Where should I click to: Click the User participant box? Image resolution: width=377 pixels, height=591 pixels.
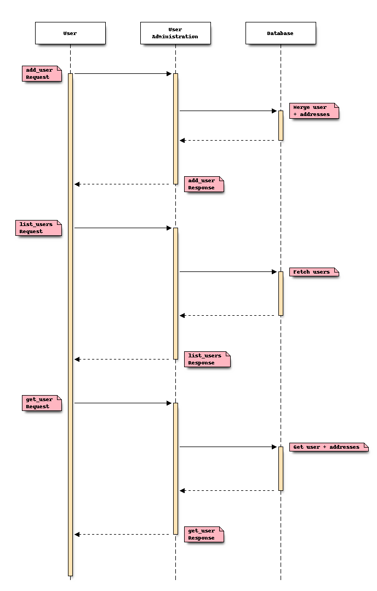tap(70, 33)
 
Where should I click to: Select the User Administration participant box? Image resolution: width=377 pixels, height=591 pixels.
tap(175, 33)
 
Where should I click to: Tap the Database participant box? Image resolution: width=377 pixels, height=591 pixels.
tap(281, 33)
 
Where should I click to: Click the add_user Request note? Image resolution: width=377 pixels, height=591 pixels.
tap(41, 73)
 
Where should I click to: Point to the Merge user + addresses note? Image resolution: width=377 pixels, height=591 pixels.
tap(314, 111)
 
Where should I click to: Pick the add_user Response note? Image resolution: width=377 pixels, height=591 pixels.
tap(204, 184)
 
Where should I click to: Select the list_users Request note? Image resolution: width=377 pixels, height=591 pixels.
tap(38, 228)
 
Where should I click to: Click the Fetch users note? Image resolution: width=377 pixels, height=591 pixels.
tap(314, 271)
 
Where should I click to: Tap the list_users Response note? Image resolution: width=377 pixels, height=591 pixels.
tap(207, 359)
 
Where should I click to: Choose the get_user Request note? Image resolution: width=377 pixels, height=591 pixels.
tap(41, 403)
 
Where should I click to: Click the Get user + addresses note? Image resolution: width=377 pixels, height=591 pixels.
tap(328, 447)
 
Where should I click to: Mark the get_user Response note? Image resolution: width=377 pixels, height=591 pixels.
tap(204, 534)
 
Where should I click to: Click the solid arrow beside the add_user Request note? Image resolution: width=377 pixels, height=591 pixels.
tap(123, 73)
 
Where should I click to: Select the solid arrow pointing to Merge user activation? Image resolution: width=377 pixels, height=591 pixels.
tap(228, 111)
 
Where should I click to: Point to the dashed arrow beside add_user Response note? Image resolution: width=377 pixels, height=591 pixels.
tap(124, 184)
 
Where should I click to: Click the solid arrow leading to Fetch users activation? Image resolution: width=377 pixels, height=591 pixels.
tap(228, 271)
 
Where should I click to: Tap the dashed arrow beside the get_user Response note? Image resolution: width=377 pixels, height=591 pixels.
tap(124, 534)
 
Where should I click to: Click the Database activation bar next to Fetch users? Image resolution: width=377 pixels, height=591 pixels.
tap(281, 293)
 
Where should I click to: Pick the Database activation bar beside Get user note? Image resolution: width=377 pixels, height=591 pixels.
tap(281, 468)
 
